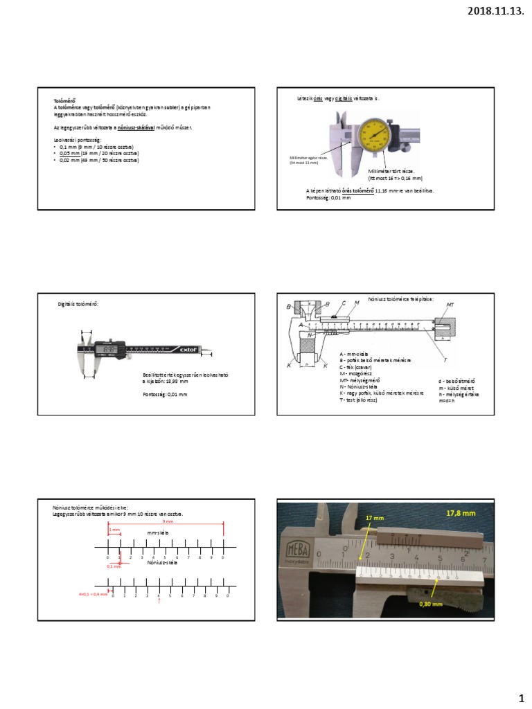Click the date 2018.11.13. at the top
coord(496,10)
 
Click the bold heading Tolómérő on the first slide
coord(64,101)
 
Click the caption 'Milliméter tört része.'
coord(391,170)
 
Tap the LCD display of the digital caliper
coord(109,350)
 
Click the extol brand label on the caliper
coord(190,350)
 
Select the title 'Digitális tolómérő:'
coord(79,303)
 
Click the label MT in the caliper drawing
coord(450,305)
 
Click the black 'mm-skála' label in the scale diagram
coord(159,532)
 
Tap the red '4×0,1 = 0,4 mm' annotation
coord(93,594)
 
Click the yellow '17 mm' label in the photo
coord(373,517)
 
